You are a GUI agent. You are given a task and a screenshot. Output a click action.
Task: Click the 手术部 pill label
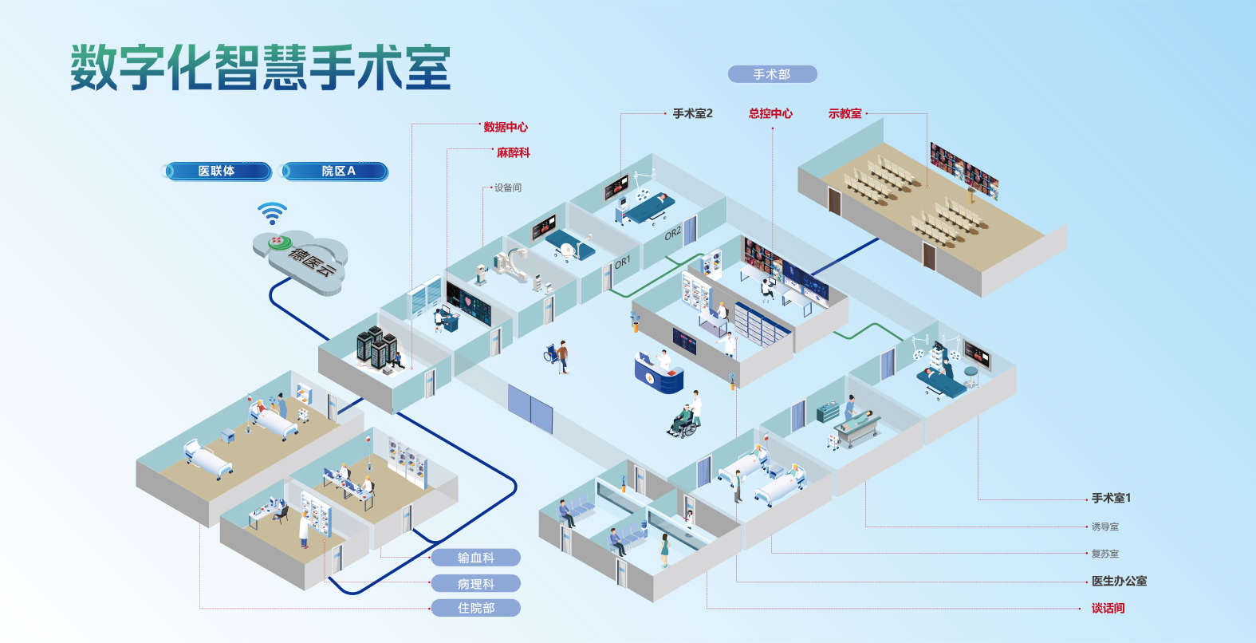[772, 74]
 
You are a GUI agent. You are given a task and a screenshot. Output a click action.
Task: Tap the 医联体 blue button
[217, 172]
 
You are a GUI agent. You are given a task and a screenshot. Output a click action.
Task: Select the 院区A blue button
[336, 172]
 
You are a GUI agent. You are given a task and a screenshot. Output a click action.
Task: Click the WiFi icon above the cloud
[272, 214]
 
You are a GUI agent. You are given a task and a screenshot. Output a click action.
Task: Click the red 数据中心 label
[506, 127]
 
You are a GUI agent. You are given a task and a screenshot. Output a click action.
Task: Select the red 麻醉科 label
[513, 152]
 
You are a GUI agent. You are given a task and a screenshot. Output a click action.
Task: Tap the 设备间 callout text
[507, 187]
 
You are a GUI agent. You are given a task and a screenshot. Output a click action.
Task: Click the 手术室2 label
[692, 113]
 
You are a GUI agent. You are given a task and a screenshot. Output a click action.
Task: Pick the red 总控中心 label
[770, 113]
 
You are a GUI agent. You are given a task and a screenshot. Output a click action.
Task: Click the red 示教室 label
[845, 113]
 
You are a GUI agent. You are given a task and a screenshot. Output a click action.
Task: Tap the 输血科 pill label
[476, 558]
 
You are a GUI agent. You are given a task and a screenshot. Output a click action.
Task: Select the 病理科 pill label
[476, 583]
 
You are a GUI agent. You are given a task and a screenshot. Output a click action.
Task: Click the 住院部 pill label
[476, 608]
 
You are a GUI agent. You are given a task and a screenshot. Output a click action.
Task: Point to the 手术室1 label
[1111, 498]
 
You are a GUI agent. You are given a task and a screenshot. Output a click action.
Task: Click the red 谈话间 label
[1108, 608]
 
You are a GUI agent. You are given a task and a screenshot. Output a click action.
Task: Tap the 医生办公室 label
[1119, 581]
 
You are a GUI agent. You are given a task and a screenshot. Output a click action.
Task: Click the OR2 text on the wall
[672, 233]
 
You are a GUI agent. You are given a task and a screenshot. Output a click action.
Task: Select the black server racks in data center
[376, 349]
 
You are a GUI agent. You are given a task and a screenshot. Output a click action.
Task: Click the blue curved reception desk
[659, 375]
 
